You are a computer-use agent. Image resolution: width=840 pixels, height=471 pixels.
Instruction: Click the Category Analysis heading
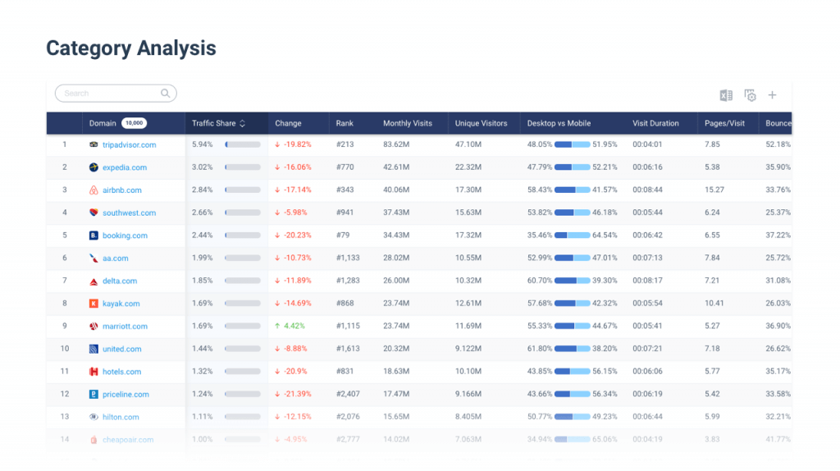[x=131, y=48]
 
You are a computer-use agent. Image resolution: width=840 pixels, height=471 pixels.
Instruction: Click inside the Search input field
[x=111, y=94]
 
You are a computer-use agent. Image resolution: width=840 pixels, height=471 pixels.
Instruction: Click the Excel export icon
[x=726, y=95]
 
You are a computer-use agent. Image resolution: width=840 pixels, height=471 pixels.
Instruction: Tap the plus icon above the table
[x=772, y=95]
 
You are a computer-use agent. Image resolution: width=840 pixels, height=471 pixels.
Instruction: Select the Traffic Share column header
[x=214, y=124]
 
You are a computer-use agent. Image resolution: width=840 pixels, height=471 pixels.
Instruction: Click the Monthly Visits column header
[x=407, y=124]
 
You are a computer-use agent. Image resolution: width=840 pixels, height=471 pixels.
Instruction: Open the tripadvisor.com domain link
[x=129, y=145]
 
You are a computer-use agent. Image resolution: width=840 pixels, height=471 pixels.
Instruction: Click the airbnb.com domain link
[x=121, y=190]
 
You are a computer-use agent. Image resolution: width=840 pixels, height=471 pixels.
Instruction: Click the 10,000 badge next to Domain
[x=134, y=124]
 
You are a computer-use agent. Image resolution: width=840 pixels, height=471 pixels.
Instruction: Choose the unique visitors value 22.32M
[x=468, y=167]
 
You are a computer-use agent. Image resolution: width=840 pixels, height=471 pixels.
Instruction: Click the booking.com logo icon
[x=94, y=235]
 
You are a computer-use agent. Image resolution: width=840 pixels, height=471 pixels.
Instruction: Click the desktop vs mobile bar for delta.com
[x=572, y=281]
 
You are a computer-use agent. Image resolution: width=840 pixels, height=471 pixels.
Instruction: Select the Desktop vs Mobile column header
[x=559, y=124]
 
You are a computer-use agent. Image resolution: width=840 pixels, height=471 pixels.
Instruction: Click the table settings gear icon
[x=750, y=95]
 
